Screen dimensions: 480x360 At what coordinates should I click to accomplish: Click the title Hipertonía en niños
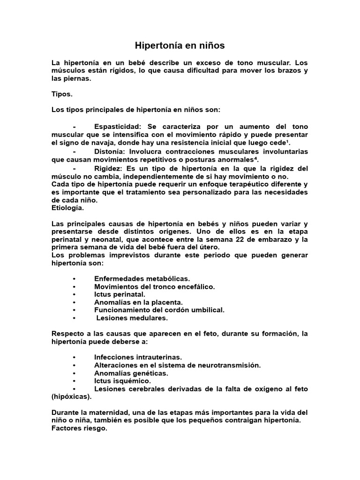[x=180, y=45]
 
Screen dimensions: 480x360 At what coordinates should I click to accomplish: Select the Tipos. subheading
[x=62, y=94]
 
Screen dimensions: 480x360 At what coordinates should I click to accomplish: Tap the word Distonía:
[x=110, y=151]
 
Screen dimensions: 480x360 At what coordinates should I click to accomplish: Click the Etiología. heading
[x=67, y=208]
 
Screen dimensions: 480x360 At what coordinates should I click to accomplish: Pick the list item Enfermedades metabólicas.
[x=142, y=278]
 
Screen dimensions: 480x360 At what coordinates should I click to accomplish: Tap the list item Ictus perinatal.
[x=120, y=294]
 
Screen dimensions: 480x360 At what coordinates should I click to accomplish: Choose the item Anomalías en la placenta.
[x=138, y=302]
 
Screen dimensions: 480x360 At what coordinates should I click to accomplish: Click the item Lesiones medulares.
[x=132, y=318]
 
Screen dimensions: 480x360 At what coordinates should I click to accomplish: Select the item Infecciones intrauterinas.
[x=138, y=357]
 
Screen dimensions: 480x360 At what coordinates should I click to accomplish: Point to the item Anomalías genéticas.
[x=131, y=373]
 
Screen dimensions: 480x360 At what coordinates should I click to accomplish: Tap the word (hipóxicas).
[x=72, y=397]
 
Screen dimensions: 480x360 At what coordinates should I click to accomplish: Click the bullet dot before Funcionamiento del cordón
[x=75, y=310]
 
